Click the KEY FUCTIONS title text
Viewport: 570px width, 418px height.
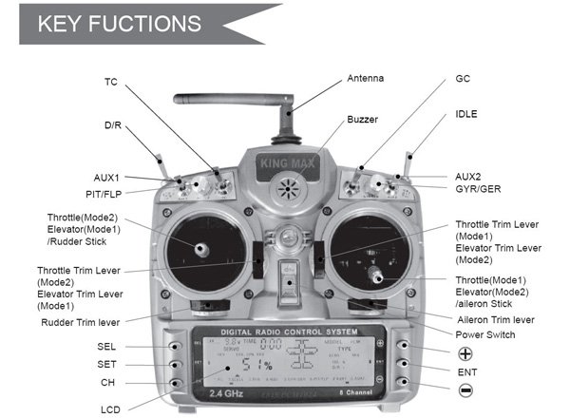tap(118, 24)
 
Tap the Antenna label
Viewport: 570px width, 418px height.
tap(367, 78)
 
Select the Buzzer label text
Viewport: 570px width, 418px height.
tap(362, 120)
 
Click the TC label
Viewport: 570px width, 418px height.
tap(111, 83)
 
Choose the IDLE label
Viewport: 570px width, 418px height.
tap(466, 114)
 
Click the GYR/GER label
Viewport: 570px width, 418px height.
tap(478, 189)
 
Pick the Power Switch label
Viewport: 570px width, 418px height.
tap(485, 334)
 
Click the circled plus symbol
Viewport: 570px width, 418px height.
tap(465, 351)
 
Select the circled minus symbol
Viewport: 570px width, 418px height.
tap(465, 389)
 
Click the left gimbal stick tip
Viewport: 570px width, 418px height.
tap(202, 249)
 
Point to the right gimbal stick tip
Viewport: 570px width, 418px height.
tap(377, 275)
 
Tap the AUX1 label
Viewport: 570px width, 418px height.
tap(106, 177)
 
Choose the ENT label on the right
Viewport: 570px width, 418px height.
tap(466, 370)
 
